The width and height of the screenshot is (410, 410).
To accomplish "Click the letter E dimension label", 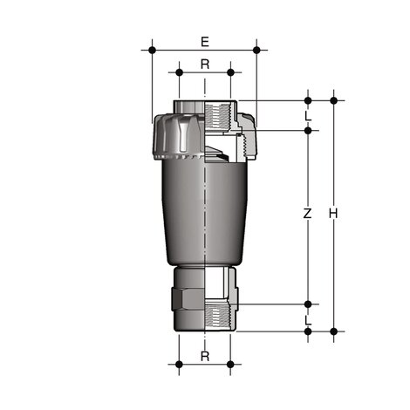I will point(204,41).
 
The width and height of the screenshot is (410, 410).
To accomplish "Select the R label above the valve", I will point(204,64).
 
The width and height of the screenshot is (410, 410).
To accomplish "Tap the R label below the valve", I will point(204,356).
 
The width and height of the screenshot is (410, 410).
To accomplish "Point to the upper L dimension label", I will point(307,115).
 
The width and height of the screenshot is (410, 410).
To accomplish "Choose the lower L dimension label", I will point(307,320).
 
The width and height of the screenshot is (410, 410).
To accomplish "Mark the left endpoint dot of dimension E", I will point(153,51).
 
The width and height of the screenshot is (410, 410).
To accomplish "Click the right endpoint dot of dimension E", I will point(256,51).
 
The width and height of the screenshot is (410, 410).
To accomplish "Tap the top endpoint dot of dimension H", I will point(333,100).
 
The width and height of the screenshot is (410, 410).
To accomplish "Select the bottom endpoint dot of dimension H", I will point(333,331).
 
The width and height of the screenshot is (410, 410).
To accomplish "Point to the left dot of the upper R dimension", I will point(179,74).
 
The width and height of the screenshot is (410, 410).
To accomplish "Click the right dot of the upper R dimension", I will point(230,74).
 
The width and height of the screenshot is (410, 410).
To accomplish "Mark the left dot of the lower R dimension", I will point(179,364).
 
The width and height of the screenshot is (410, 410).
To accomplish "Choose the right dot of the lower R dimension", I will point(230,364).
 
